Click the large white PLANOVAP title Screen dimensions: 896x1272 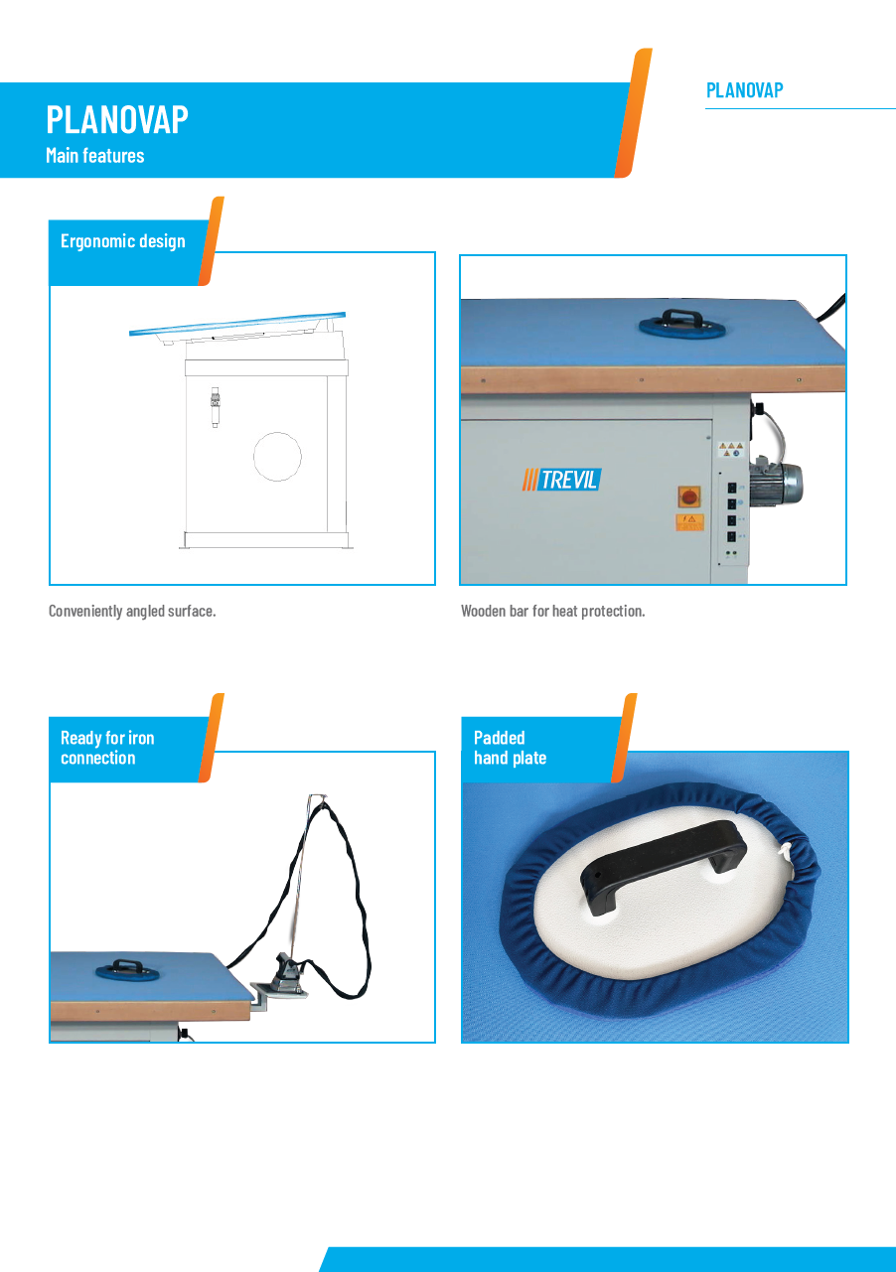click(117, 119)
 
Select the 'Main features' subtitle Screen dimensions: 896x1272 click(95, 156)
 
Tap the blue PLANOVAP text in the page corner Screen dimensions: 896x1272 click(744, 90)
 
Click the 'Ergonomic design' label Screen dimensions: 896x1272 click(123, 241)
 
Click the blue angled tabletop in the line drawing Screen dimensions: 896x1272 click(237, 323)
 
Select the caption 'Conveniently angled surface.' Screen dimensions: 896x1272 click(132, 611)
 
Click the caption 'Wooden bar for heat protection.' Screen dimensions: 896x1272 click(553, 611)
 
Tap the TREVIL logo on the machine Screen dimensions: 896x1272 click(561, 480)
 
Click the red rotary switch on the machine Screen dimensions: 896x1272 click(689, 496)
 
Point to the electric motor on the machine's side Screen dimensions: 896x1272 click(775, 483)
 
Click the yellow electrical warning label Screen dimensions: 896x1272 click(689, 522)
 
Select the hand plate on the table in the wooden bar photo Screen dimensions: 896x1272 click(681, 326)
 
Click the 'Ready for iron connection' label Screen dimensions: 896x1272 click(107, 748)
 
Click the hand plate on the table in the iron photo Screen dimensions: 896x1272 click(127, 971)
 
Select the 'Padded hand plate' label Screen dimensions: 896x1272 click(511, 748)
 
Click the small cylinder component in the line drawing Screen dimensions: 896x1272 click(215, 406)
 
